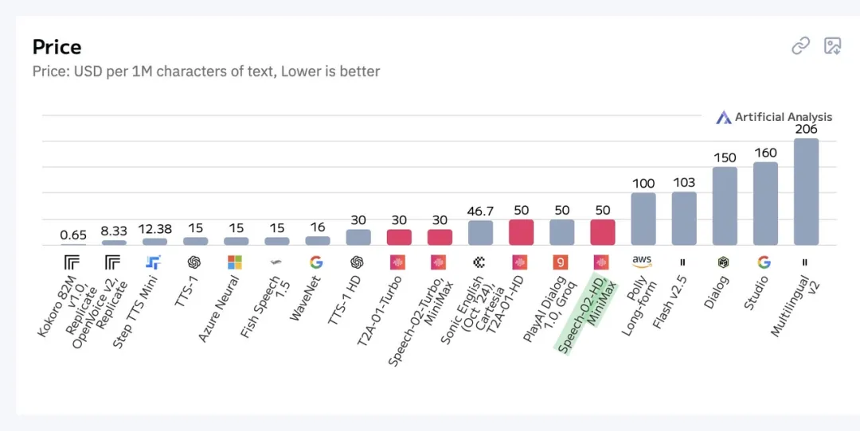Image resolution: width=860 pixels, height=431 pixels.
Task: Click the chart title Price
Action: click(x=57, y=47)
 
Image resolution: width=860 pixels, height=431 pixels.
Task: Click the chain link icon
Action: click(x=800, y=46)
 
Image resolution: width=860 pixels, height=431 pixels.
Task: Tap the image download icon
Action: click(x=832, y=46)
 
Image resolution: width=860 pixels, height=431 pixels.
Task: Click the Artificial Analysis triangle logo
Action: click(x=723, y=118)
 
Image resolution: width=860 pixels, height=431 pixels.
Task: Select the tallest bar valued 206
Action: click(x=806, y=192)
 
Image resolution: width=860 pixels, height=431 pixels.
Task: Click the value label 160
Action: click(x=765, y=153)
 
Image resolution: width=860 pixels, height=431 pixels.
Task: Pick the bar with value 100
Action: click(x=643, y=219)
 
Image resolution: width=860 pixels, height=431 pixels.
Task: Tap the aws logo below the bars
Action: click(x=643, y=261)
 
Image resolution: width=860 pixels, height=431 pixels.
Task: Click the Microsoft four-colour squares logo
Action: click(x=234, y=262)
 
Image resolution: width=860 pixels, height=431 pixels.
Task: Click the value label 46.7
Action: click(x=480, y=211)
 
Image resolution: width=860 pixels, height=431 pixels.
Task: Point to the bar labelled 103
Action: click(x=684, y=218)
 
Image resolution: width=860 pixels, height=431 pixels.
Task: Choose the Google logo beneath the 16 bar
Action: click(x=316, y=262)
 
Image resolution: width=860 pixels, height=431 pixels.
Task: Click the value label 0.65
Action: click(x=73, y=235)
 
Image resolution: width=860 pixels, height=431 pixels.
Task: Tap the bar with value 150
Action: click(x=725, y=206)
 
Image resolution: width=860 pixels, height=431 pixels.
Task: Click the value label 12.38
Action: click(x=154, y=230)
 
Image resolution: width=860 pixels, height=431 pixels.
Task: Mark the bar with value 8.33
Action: click(x=114, y=243)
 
